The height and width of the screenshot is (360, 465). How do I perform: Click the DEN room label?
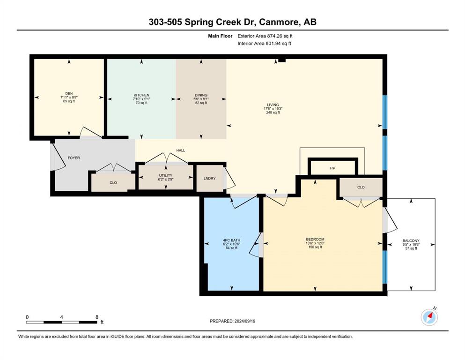[x=69, y=93]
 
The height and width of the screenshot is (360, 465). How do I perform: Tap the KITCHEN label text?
[x=141, y=95]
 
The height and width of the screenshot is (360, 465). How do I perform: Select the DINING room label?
[x=201, y=95]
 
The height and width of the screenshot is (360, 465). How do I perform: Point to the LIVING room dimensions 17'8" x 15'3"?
[x=273, y=109]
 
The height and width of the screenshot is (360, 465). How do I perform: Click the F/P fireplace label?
[x=332, y=168]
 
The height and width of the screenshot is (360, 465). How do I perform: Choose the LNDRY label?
[x=210, y=179]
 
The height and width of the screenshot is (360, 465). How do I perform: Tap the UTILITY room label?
[x=165, y=175]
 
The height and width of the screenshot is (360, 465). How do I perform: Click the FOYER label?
[x=74, y=158]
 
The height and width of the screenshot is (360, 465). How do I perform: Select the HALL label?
[x=181, y=150]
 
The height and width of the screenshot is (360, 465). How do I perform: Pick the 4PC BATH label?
[x=232, y=240]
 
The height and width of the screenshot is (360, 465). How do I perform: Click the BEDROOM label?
[x=315, y=239]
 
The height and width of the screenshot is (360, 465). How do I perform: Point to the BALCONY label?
[x=411, y=240]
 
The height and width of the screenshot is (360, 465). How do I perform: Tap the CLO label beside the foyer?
[x=113, y=182]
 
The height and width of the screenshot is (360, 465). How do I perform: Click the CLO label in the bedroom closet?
[x=361, y=187]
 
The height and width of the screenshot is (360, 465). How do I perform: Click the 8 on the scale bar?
[x=96, y=317]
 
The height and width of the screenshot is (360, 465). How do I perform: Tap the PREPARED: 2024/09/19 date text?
[x=232, y=321]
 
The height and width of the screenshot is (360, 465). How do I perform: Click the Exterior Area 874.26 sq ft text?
[x=265, y=36]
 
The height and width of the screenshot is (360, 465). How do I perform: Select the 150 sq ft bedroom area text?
[x=315, y=247]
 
